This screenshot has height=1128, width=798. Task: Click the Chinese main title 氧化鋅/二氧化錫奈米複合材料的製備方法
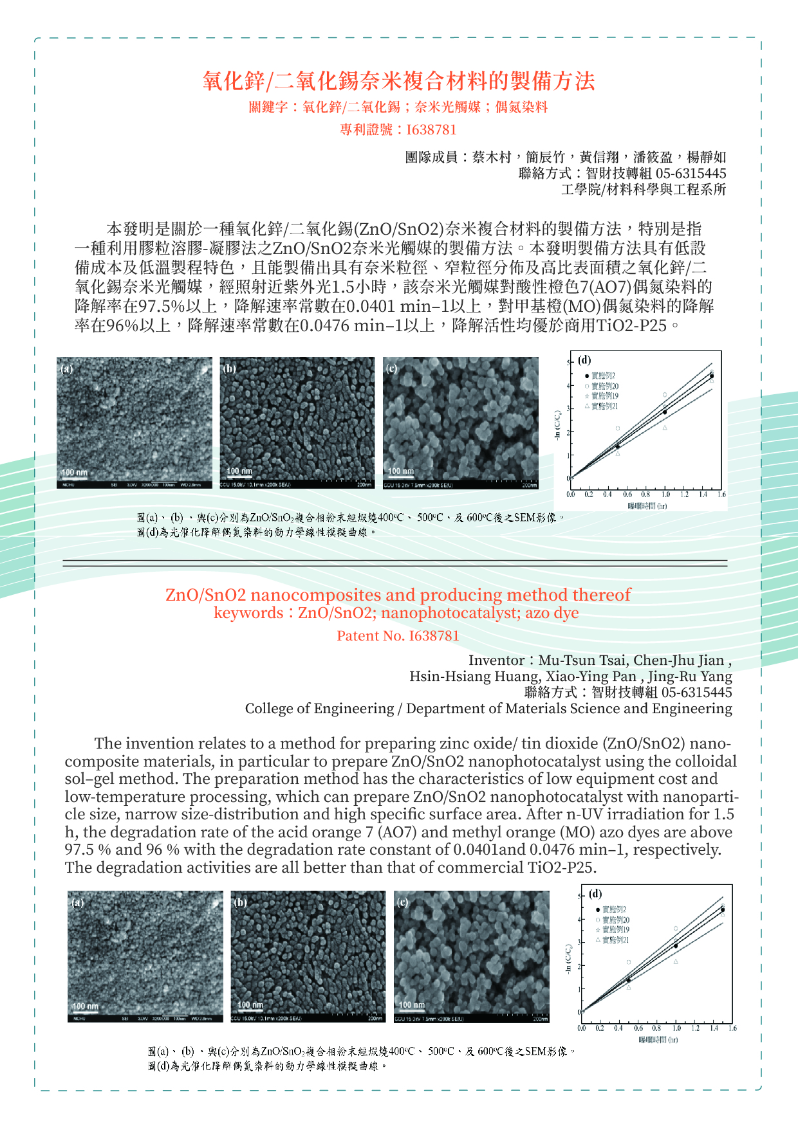pos(398,81)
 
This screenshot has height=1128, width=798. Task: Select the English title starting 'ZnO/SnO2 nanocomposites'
pos(398,594)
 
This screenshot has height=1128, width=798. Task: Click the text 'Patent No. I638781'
pos(398,635)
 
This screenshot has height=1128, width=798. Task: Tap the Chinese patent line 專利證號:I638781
pos(398,129)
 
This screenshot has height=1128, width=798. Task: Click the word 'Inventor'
pos(496,660)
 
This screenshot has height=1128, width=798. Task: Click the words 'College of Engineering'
pos(319,709)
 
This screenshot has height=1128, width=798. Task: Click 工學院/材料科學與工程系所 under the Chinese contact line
pos(643,189)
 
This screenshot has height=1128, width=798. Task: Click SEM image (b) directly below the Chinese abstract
pos(297,423)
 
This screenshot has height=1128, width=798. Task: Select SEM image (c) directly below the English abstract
pos(471,956)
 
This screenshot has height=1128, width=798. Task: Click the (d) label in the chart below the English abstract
pos(595,893)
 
